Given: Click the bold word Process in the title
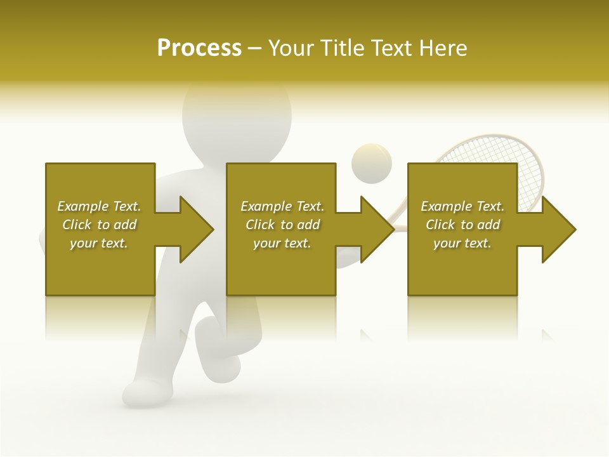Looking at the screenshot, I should (199, 48).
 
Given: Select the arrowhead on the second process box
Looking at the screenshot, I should (376, 229).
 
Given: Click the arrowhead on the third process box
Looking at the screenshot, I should (557, 229).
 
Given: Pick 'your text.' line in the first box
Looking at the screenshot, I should (99, 243).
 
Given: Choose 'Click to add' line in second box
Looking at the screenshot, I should (282, 225).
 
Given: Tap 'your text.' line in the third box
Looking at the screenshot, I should (462, 243).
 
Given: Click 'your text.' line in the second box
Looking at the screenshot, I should (282, 243).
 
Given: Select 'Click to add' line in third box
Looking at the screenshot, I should (462, 225).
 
